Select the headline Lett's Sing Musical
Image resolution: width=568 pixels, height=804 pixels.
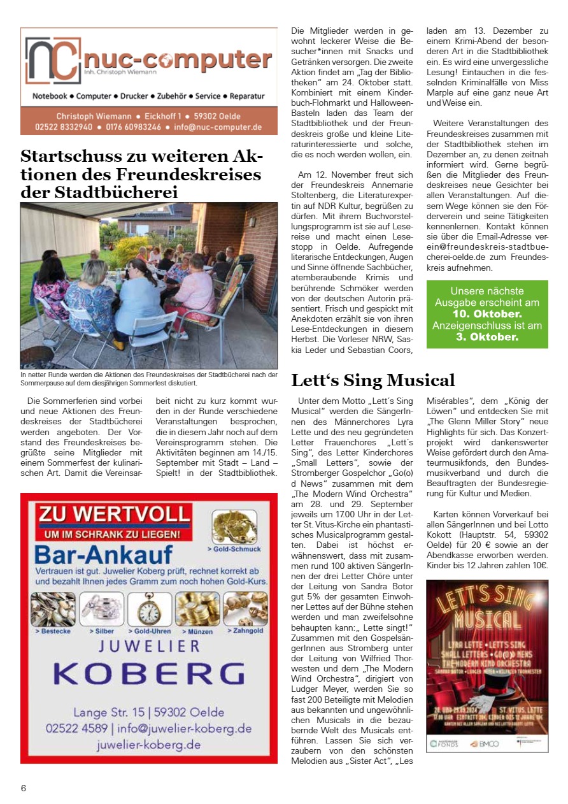(x=373, y=380)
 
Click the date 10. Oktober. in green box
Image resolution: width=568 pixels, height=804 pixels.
(x=487, y=314)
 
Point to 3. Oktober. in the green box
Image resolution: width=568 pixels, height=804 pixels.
(x=487, y=337)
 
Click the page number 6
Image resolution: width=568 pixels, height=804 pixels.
(x=24, y=788)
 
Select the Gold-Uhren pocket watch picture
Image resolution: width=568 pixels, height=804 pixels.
(x=149, y=610)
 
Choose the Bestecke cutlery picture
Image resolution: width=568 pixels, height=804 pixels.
(x=53, y=610)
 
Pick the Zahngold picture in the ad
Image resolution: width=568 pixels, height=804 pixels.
(x=245, y=609)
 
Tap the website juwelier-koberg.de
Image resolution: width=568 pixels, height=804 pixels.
(x=149, y=744)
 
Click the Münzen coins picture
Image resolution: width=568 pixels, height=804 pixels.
(x=197, y=610)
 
